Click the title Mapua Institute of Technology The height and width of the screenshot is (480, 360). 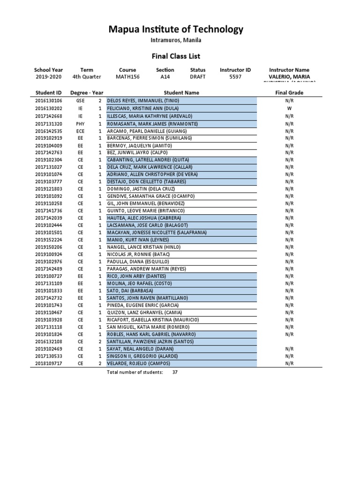pos(176,30)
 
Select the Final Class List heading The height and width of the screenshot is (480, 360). pos(176,56)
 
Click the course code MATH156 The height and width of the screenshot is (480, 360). pos(127,77)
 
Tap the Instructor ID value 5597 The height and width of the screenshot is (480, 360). pos(235,77)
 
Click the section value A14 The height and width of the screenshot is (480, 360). pos(165,77)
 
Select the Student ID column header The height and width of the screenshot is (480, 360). pos(48,93)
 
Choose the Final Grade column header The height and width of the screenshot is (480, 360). pos(289,93)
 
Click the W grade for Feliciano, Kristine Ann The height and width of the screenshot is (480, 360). pos(289,108)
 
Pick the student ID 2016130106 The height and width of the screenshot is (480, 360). pos(48,101)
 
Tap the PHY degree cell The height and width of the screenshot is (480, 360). pos(81,123)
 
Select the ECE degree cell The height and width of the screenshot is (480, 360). pos(81,131)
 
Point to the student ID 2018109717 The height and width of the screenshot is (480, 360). pos(48,363)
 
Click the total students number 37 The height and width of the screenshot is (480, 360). pos(175,372)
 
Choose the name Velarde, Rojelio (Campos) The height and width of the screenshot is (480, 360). pos(138,363)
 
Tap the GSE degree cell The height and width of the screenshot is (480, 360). pos(81,101)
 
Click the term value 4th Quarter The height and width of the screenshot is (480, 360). pos(87,77)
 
